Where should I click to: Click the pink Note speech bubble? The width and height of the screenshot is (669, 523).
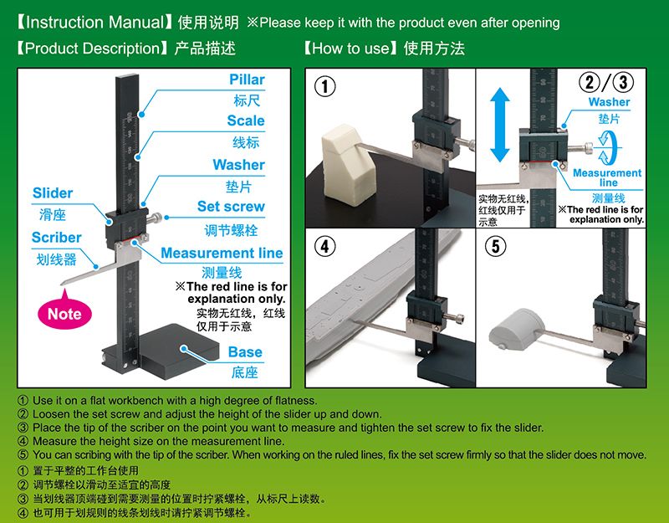click(64, 312)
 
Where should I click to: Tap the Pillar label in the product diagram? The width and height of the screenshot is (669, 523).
click(247, 79)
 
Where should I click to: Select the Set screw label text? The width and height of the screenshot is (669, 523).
click(231, 206)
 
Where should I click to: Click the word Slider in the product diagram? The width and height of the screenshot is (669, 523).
click(53, 193)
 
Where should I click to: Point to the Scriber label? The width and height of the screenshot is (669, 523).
click(56, 238)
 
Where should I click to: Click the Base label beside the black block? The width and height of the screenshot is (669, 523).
click(245, 351)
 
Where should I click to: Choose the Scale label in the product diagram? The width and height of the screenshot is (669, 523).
click(246, 120)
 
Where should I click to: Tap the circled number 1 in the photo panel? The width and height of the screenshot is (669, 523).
click(325, 87)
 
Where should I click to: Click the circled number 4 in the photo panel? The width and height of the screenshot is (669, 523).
click(325, 246)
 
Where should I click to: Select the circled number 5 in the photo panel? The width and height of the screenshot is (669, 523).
click(495, 246)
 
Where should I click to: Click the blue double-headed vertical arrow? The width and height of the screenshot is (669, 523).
click(499, 125)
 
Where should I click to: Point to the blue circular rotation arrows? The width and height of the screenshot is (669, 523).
click(607, 147)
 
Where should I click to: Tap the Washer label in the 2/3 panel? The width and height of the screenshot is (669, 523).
click(609, 102)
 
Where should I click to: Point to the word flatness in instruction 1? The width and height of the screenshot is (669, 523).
click(296, 401)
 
